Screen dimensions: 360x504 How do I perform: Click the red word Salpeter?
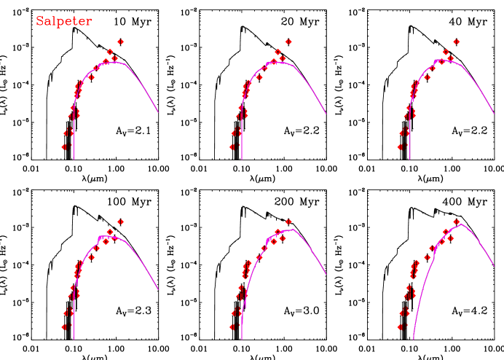(64, 22)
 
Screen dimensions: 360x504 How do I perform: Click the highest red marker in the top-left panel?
(120, 42)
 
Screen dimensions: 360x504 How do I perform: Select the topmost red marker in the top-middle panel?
(288, 42)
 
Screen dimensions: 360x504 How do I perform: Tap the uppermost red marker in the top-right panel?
(457, 42)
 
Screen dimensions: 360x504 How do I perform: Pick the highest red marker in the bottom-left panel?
(120, 222)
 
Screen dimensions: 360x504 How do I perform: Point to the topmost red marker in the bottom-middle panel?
(288, 222)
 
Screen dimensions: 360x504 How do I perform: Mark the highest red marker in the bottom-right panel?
(457, 222)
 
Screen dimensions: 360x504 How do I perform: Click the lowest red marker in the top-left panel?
(64, 146)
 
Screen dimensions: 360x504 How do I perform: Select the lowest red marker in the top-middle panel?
(232, 146)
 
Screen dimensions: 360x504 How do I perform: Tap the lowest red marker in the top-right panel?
(401, 146)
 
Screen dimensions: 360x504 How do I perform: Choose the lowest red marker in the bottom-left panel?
(64, 327)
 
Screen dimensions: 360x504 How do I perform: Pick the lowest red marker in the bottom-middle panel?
(232, 327)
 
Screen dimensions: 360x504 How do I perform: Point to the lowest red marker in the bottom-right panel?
(401, 327)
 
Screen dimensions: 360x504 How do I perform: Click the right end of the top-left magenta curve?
(158, 112)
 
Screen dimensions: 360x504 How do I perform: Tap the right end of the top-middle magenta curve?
(326, 114)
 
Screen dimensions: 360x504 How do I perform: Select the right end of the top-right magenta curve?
(495, 114)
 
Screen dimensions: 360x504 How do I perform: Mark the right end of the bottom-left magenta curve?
(158, 290)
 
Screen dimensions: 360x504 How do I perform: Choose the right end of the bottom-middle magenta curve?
(326, 290)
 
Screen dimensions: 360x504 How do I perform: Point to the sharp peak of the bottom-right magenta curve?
(461, 224)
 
